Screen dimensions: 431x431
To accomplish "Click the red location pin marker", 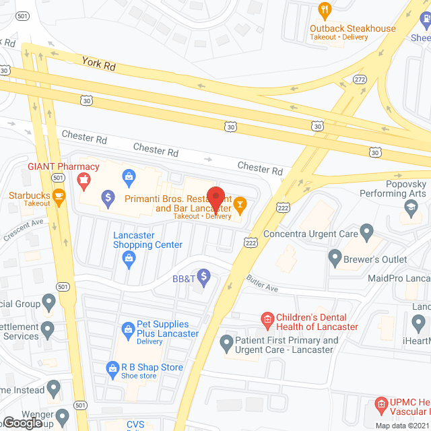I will click(215, 197).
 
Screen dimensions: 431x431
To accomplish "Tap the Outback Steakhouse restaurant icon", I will click(324, 10).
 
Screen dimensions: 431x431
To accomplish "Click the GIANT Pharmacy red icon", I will click(84, 180).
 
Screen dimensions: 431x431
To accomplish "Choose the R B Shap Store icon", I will click(112, 368).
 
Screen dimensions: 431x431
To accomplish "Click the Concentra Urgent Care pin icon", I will click(366, 233).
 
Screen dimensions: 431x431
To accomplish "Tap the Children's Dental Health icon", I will click(267, 318).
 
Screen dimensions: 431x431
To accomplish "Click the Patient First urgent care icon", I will click(227, 344).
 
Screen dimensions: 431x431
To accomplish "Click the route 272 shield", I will click(360, 79).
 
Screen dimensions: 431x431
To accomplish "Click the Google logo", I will click(22, 422).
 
